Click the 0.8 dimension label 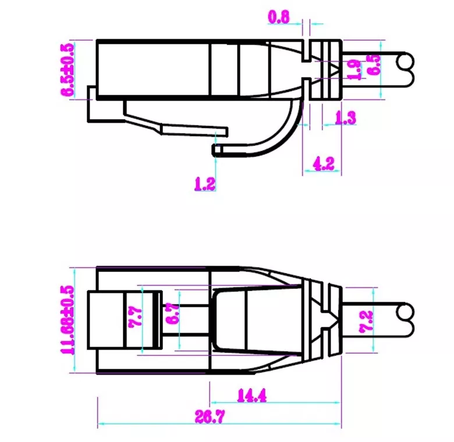click(x=279, y=17)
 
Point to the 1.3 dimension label click(x=345, y=118)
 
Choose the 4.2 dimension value click(x=324, y=163)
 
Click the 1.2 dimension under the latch click(x=205, y=184)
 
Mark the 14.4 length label click(x=251, y=396)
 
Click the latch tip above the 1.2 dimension click(x=216, y=151)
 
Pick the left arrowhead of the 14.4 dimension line click(x=214, y=402)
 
